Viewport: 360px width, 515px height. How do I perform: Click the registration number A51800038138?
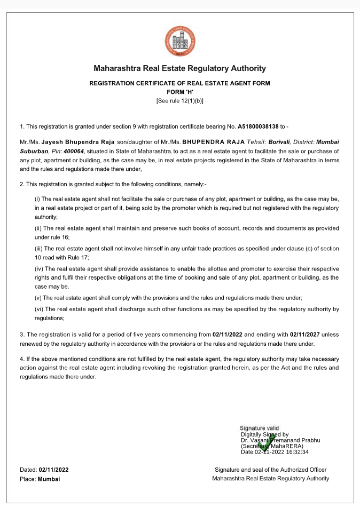coord(258,126)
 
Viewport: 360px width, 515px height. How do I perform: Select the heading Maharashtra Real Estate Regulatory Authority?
coord(179,68)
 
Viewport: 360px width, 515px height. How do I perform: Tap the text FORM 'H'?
coord(179,92)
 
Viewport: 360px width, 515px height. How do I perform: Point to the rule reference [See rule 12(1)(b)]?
coord(179,100)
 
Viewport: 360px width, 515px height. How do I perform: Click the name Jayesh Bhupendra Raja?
coord(82,142)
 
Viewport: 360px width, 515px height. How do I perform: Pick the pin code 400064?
coord(73,152)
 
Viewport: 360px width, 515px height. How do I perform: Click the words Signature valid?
coord(259,428)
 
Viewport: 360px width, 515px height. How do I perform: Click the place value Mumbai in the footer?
coord(49,479)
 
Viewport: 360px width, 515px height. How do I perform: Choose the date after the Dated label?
coord(53,470)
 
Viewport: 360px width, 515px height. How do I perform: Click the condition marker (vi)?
coord(38,309)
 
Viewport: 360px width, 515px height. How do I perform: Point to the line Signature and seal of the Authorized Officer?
coord(270,470)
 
